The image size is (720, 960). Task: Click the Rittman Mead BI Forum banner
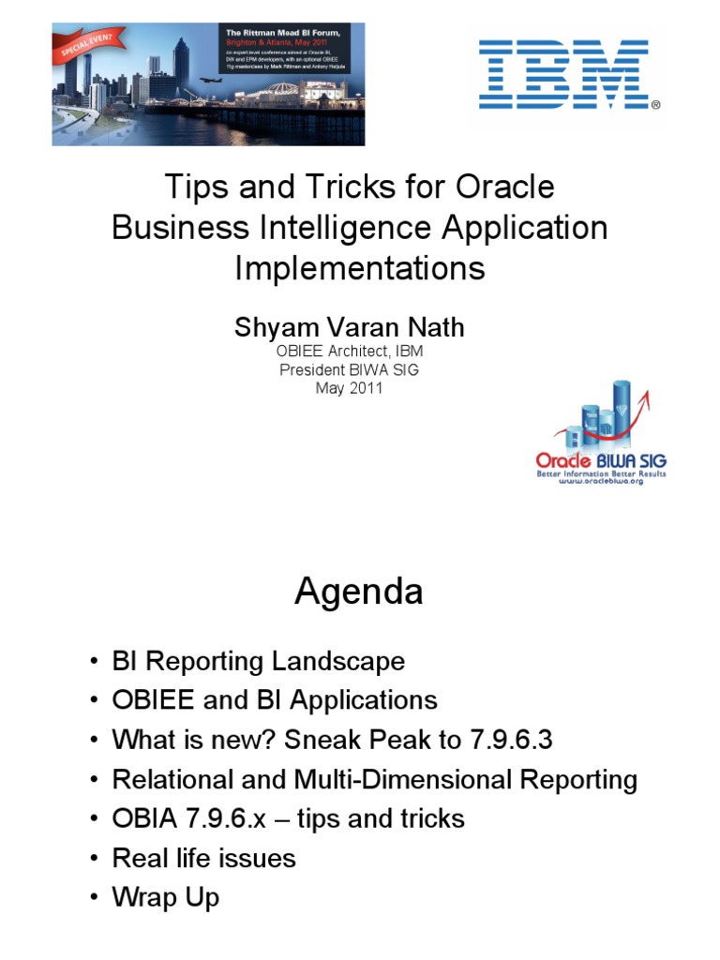(208, 83)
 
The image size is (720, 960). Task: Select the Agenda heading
(359, 592)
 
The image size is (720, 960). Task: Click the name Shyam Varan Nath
(349, 328)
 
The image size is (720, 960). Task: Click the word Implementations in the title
(360, 268)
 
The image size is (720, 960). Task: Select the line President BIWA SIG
(349, 369)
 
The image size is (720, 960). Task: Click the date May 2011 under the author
(349, 387)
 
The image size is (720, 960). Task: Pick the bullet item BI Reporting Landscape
(258, 661)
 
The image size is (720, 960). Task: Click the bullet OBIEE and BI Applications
(275, 700)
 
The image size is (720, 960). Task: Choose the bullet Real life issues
(203, 858)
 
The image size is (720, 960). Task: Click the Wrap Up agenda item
(166, 897)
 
